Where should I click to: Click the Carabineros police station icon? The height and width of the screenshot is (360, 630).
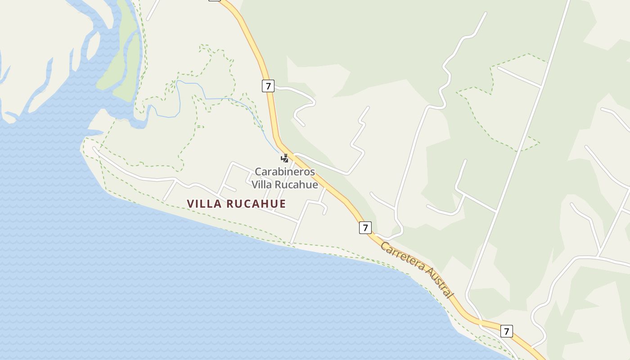284,158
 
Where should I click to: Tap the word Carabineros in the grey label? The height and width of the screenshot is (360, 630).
285,171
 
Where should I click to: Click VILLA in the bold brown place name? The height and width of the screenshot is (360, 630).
204,204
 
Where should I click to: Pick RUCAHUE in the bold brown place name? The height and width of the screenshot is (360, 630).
256,204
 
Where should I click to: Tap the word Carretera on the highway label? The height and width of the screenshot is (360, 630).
402,257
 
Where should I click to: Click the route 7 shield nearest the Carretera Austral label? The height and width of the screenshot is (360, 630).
365,228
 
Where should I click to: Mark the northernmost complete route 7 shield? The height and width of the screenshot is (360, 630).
268,86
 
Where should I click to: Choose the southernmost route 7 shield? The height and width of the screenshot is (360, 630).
507,331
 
